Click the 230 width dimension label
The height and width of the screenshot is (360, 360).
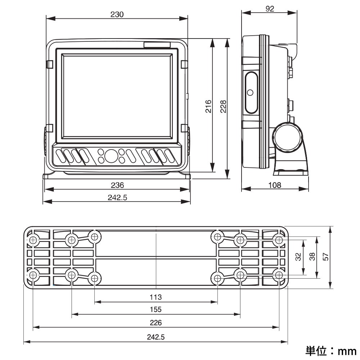(x=117, y=14)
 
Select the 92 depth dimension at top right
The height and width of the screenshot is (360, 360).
(x=270, y=9)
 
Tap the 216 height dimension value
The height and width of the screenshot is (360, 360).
(x=208, y=106)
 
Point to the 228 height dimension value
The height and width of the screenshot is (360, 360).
(x=223, y=106)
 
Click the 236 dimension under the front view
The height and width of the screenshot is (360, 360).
(x=117, y=185)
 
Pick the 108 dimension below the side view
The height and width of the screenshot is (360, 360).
(x=275, y=185)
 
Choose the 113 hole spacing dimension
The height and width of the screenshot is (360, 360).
(x=156, y=297)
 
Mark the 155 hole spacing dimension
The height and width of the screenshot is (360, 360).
(x=156, y=310)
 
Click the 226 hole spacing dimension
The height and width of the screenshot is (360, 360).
(x=156, y=323)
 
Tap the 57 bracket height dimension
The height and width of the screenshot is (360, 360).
(x=325, y=256)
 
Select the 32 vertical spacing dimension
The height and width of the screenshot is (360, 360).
(x=298, y=256)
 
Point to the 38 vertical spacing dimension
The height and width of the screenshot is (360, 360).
(x=312, y=256)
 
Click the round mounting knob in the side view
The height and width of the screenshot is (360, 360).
(x=288, y=137)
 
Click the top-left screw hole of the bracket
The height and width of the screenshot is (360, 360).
(x=33, y=240)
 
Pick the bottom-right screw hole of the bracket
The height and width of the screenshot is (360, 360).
(x=279, y=275)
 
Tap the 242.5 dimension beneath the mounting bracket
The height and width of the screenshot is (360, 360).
(x=156, y=337)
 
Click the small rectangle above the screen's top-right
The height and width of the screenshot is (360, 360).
(x=157, y=45)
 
